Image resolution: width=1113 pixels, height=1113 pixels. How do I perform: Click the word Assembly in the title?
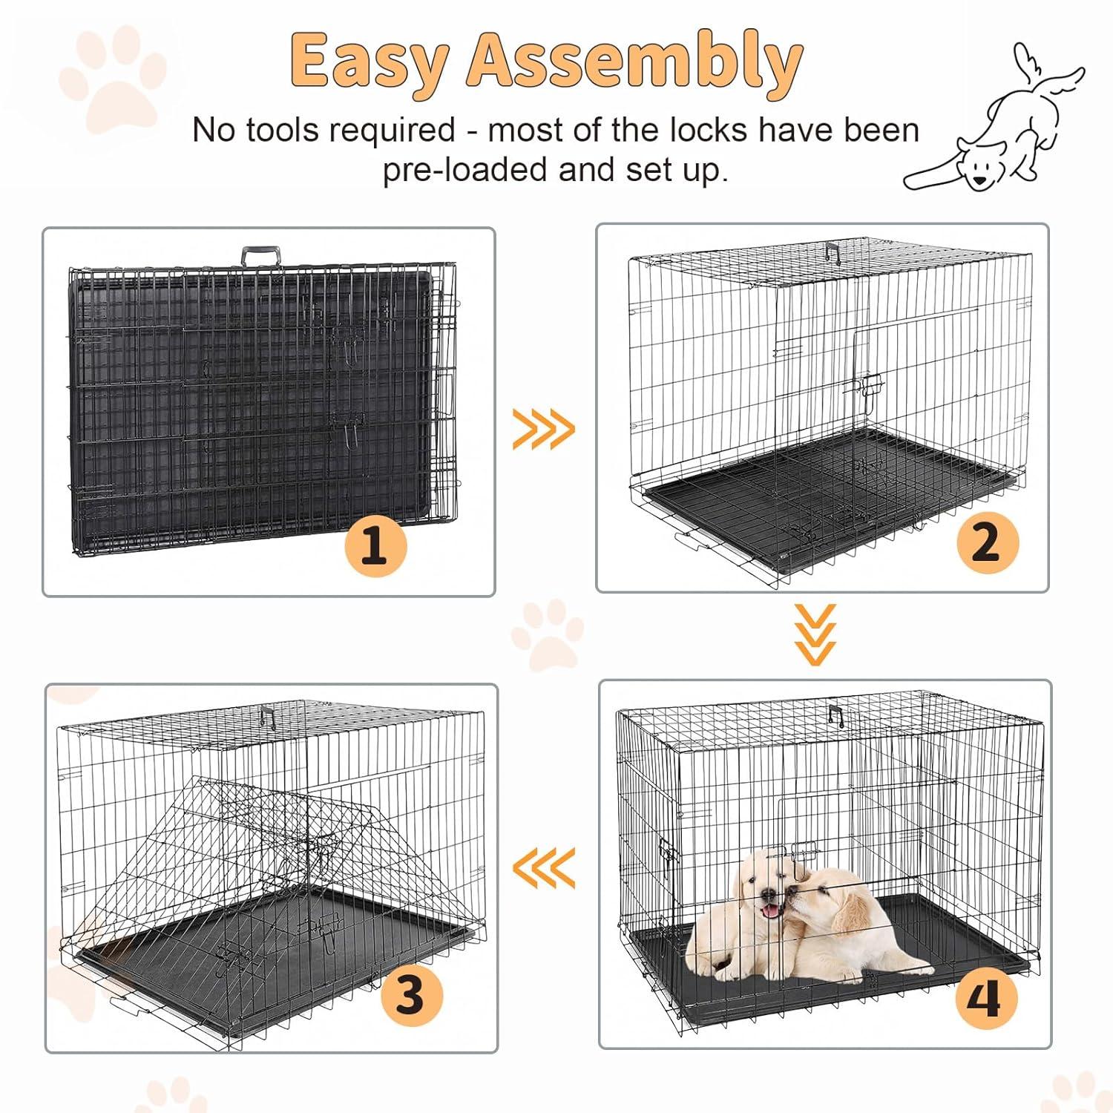pos(634,63)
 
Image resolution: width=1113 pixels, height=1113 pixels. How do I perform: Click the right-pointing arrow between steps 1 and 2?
pos(544,429)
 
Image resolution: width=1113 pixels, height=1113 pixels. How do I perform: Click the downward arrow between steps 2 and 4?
pos(815,634)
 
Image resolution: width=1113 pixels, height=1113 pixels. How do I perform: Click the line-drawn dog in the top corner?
pos(994,126)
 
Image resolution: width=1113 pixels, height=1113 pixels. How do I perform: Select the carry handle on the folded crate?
pos(260,257)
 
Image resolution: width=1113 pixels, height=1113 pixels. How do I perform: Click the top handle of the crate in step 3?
pos(267,716)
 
